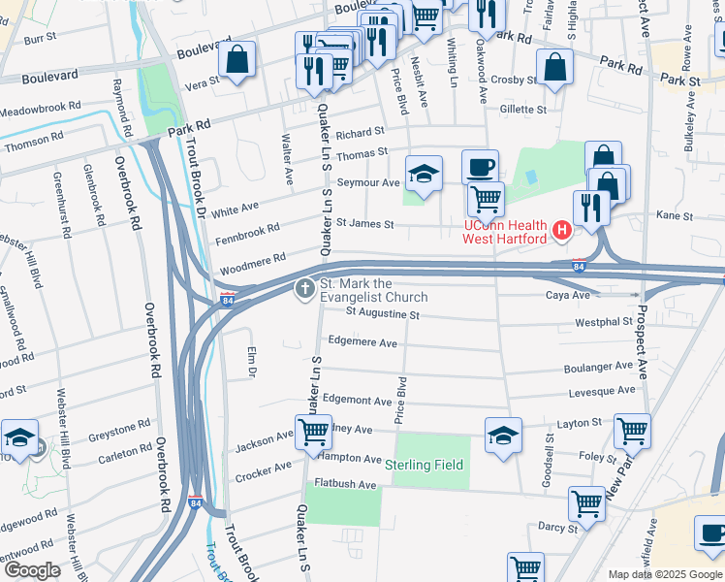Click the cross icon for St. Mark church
click(x=304, y=287)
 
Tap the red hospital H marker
click(x=560, y=231)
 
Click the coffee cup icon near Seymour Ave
click(x=480, y=167)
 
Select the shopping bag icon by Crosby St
click(x=554, y=68)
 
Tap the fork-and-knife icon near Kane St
click(x=590, y=208)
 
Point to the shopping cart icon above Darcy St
click(x=586, y=502)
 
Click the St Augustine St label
click(x=382, y=314)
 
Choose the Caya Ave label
click(x=567, y=295)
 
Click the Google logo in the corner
click(x=32, y=570)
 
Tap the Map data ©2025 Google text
click(x=664, y=574)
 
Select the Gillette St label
click(x=523, y=110)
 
